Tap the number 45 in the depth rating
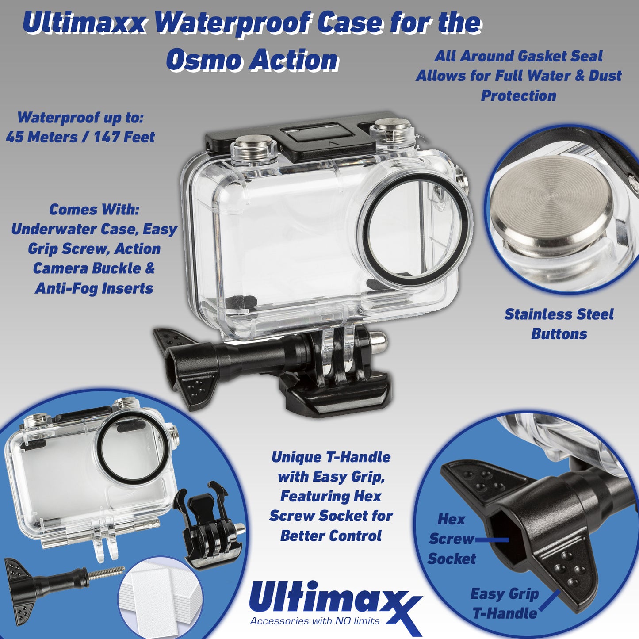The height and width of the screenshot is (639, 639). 15,137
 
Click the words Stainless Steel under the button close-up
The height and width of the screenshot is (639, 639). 559,314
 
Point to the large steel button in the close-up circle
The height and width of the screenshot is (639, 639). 553,199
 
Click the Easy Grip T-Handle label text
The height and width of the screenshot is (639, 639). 505,603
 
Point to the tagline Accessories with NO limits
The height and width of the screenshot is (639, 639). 315,621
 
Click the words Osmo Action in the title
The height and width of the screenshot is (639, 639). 252,60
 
